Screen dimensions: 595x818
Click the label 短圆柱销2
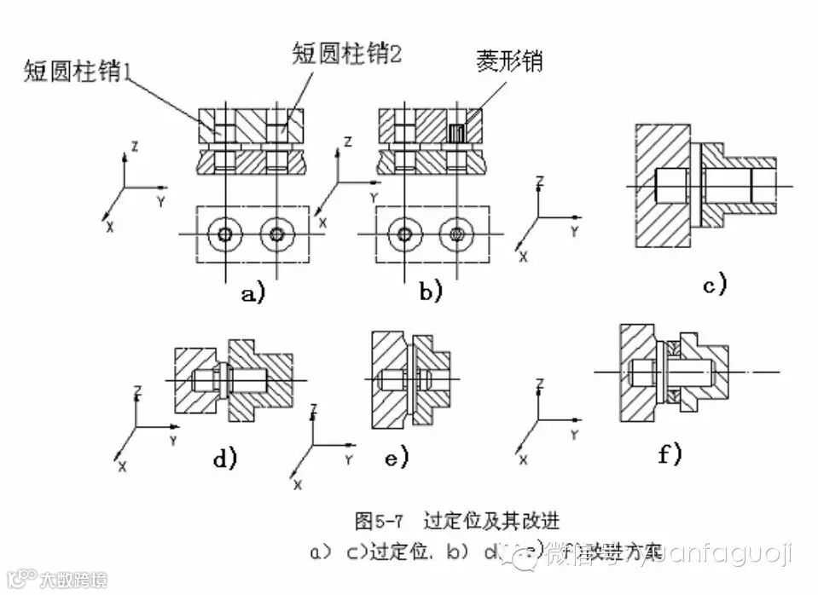tap(346, 56)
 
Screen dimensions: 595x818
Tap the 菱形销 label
tap(510, 62)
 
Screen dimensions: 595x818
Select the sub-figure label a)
tap(253, 294)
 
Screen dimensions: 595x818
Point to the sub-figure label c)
tap(714, 284)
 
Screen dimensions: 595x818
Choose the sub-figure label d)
tap(224, 459)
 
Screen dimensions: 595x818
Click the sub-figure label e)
tap(397, 458)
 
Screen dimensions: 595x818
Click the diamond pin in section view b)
tap(456, 132)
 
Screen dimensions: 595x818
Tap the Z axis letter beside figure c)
tap(539, 181)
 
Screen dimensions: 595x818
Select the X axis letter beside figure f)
tap(523, 459)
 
